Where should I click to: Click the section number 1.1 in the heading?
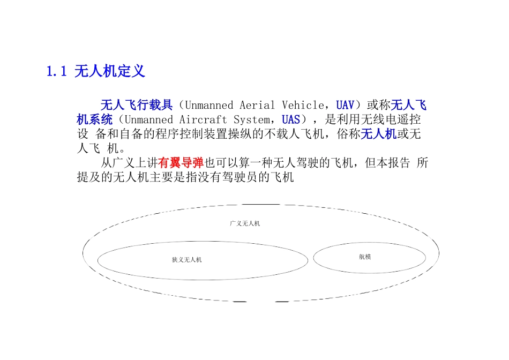[56, 71]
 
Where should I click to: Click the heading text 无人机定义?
[109, 71]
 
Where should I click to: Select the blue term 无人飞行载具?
[137, 105]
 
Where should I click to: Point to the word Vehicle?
[303, 105]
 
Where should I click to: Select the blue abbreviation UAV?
[345, 105]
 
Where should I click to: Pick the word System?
[251, 119]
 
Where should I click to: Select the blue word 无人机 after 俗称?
[378, 134]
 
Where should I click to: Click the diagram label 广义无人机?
[244, 223]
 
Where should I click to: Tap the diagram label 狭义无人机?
[186, 260]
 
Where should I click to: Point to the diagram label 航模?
[365, 257]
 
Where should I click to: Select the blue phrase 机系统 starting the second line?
[94, 119]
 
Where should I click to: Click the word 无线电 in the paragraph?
[364, 119]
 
